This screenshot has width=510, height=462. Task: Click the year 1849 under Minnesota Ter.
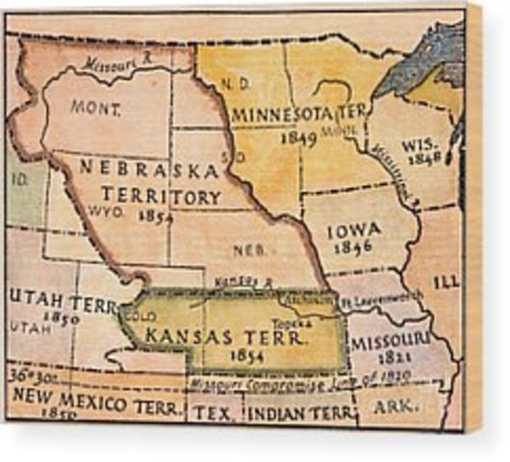coord(300,138)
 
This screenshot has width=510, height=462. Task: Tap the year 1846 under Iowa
coord(353,247)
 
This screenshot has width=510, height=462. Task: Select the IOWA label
coord(354,230)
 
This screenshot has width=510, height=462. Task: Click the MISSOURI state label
coord(389,340)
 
